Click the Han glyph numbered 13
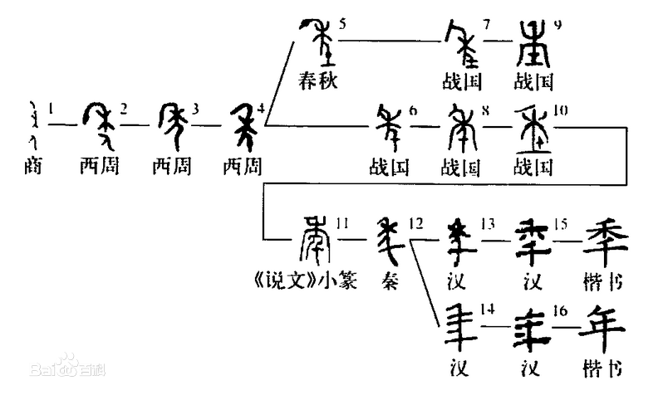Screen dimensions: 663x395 (x=459, y=241)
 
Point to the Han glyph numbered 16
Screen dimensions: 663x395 (x=532, y=329)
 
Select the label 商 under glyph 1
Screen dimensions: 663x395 (x=33, y=166)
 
